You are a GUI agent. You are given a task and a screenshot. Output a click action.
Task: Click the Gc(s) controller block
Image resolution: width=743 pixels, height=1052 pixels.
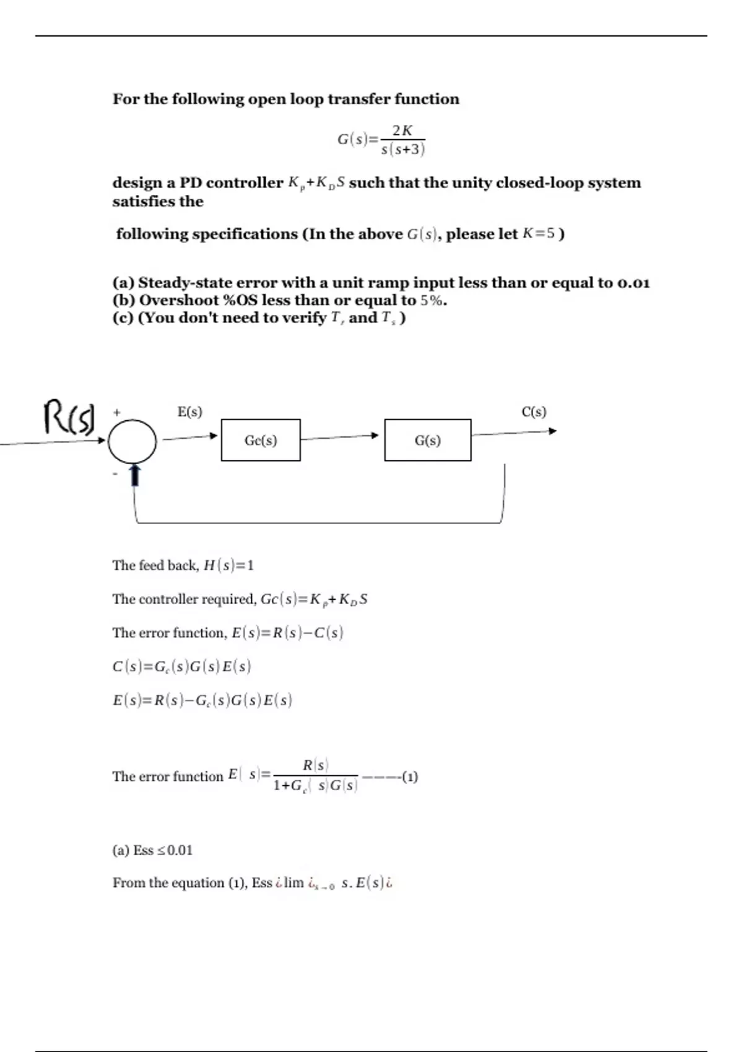tap(261, 440)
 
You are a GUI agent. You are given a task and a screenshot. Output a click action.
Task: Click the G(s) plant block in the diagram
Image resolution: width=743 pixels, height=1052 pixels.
tap(427, 440)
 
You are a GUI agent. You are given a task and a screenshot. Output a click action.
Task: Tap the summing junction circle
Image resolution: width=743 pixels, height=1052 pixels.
tap(132, 441)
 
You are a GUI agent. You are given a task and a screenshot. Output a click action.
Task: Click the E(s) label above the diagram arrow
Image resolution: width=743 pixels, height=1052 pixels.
tap(189, 412)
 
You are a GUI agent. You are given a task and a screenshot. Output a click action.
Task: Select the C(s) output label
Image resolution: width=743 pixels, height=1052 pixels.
tap(534, 412)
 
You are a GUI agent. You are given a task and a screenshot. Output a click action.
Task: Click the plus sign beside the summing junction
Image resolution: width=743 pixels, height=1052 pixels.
tap(116, 412)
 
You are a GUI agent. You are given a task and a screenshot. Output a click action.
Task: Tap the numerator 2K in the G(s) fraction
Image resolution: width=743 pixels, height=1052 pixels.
tap(402, 130)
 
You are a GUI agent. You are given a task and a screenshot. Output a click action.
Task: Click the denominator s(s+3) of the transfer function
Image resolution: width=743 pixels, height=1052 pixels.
tap(402, 149)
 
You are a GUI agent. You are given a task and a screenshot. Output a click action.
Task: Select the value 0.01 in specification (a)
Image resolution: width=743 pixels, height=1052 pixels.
tap(633, 283)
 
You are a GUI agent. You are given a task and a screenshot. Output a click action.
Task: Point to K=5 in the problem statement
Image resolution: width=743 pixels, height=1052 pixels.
tap(539, 234)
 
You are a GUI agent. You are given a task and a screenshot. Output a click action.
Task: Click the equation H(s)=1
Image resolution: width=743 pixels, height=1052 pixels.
tap(228, 565)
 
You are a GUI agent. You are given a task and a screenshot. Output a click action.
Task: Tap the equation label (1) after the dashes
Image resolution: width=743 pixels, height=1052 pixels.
tap(410, 777)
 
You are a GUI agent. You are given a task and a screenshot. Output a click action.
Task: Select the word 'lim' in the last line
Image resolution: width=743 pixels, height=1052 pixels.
tap(293, 883)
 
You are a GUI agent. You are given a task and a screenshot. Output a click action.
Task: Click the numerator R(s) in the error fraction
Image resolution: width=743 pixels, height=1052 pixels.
tap(315, 765)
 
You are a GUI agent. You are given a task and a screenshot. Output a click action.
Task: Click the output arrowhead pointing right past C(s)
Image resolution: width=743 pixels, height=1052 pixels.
tap(552, 431)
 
